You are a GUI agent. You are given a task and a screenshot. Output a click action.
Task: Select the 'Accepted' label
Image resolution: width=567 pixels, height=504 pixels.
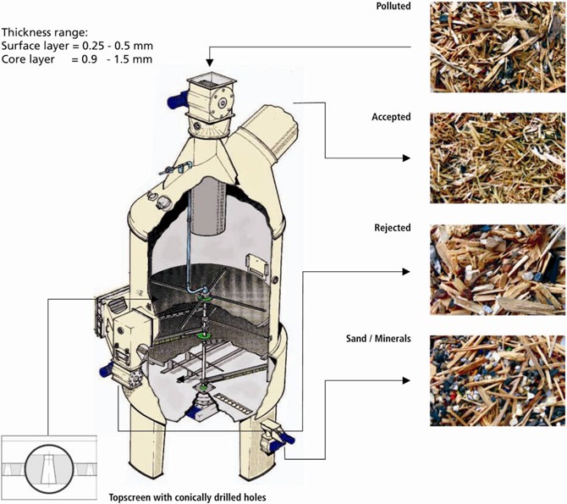pos(391,117)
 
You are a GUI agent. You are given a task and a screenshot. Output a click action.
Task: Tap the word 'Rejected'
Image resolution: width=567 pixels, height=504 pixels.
pos(392,228)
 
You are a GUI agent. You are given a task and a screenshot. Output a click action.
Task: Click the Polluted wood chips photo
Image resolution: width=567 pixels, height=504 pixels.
pos(498,47)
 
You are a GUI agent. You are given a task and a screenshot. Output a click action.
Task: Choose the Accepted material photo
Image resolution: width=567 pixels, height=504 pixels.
pos(498,158)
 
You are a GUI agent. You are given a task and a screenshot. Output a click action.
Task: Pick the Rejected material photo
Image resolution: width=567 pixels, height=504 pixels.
pos(498,269)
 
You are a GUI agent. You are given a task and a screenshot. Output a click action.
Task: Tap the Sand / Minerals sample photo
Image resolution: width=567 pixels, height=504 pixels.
pos(498,379)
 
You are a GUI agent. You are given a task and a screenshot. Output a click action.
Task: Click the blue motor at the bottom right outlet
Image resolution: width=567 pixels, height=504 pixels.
pos(288,438)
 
